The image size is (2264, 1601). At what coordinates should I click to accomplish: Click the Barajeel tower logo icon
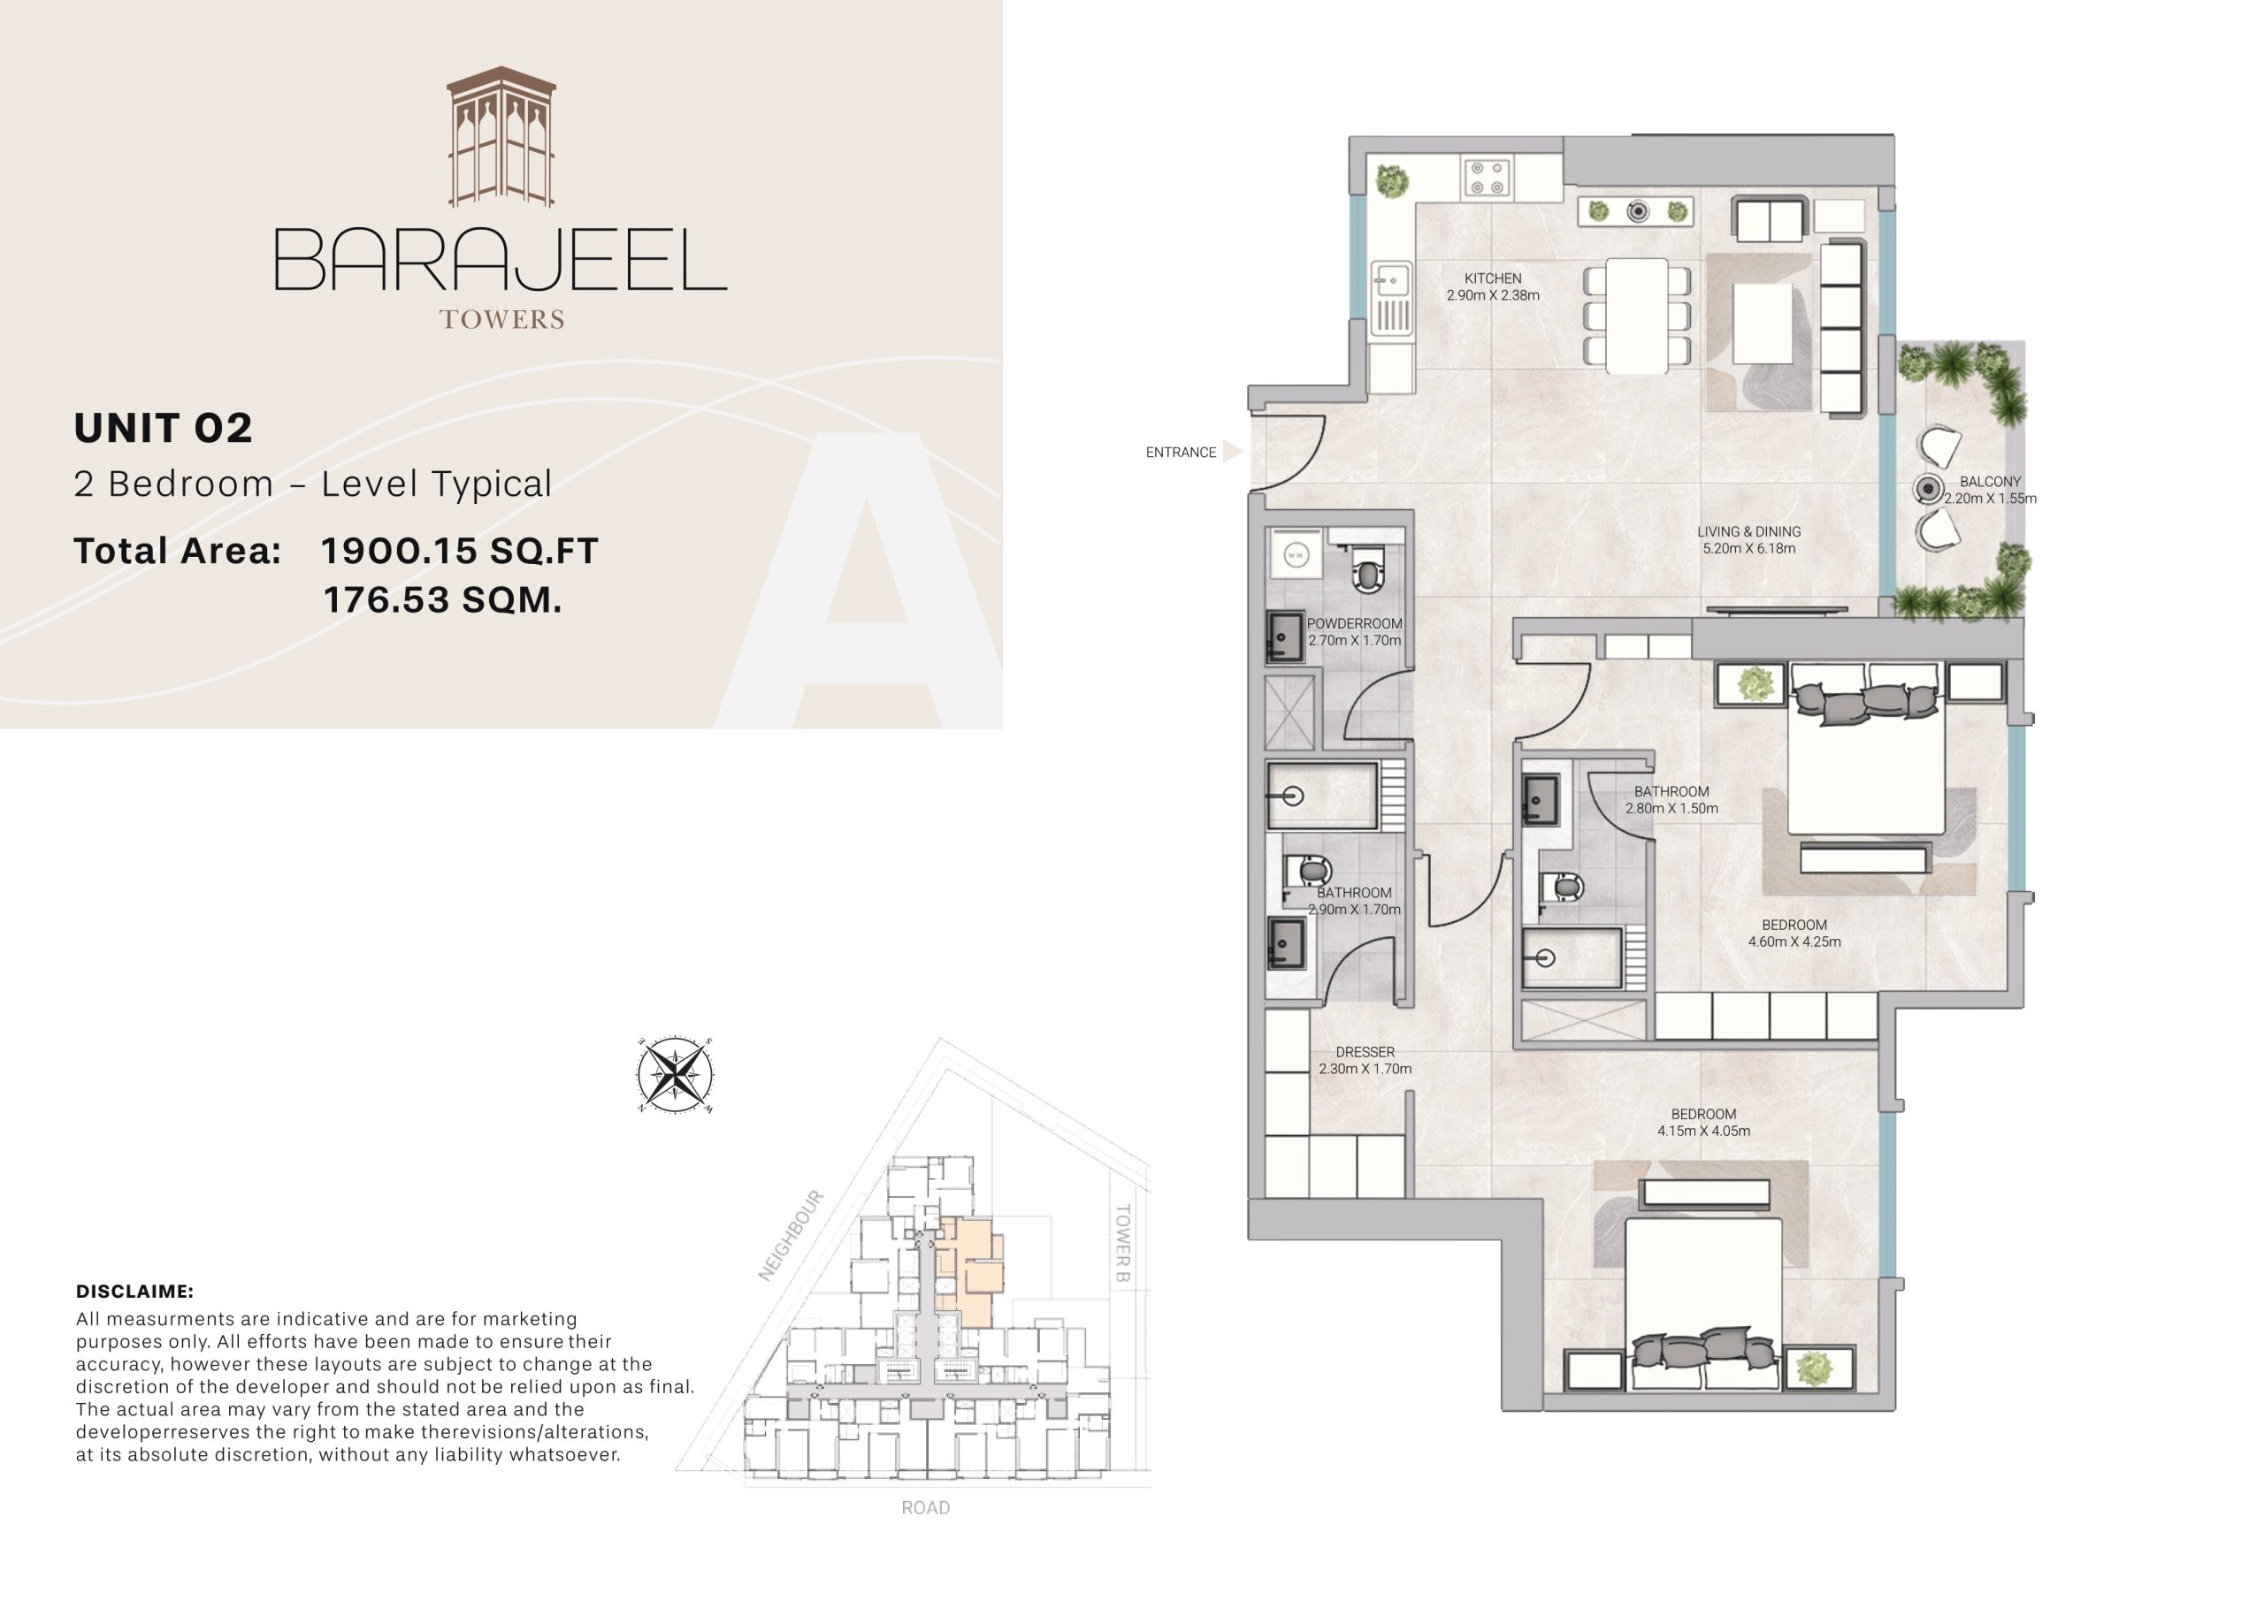point(501,137)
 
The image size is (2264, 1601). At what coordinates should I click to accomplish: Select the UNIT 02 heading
point(164,427)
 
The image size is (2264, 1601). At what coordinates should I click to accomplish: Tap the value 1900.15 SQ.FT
point(460,550)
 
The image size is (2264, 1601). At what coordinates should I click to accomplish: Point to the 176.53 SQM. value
point(443,599)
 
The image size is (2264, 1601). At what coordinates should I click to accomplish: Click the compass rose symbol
point(675,1075)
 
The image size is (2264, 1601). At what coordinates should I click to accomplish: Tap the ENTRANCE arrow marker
point(1232,452)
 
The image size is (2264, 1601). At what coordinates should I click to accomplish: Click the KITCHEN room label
point(1492,278)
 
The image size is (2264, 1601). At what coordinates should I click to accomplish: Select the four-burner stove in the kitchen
point(1486,179)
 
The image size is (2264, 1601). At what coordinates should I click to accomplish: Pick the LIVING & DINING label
point(1748,531)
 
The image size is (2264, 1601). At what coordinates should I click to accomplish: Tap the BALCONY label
point(1989,481)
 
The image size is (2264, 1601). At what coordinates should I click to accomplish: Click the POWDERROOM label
point(1354,623)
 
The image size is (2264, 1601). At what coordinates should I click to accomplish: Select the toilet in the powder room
point(1366,573)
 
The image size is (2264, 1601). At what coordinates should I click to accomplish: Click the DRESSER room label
point(1365,1052)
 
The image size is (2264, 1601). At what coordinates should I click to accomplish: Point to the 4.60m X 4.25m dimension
point(1794,942)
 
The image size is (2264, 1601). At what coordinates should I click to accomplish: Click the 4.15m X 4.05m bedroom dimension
point(1703,1131)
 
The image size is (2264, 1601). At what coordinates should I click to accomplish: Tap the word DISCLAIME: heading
point(134,1292)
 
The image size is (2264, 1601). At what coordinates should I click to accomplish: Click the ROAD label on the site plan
point(925,1507)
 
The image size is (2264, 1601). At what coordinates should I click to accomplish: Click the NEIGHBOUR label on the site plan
point(790,1235)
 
